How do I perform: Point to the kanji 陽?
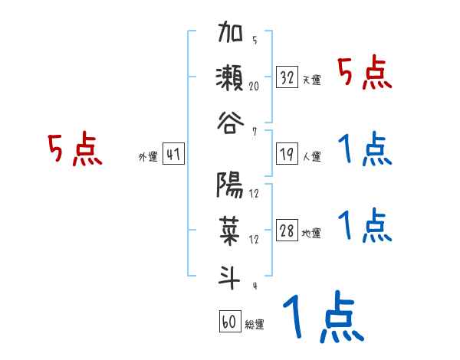(231, 186)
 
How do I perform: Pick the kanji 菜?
(231, 230)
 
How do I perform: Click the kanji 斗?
(231, 273)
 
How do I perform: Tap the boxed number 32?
(287, 77)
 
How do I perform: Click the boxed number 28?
(287, 232)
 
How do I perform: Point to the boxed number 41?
(172, 155)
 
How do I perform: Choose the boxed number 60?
(229, 322)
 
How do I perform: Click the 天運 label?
(311, 80)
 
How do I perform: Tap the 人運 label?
(311, 157)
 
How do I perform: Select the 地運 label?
(311, 234)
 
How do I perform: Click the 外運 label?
(147, 157)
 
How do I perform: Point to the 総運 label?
(255, 324)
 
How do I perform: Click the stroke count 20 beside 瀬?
(253, 87)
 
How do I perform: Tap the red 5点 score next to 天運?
(365, 74)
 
